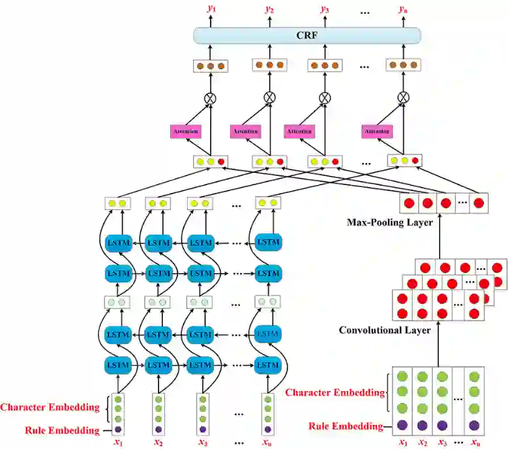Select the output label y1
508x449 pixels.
click(x=210, y=9)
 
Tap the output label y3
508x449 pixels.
click(x=324, y=9)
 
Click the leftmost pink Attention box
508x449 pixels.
click(x=186, y=131)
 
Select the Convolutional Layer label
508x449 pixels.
click(x=384, y=330)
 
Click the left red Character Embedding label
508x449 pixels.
click(x=50, y=408)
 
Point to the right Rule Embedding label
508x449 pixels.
click(x=346, y=426)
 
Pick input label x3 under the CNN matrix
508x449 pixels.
click(x=442, y=442)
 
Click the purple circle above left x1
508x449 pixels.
click(x=118, y=429)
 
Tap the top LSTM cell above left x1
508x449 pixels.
click(x=118, y=243)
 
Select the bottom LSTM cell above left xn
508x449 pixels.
click(x=267, y=363)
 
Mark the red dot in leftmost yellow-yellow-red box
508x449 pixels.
click(x=222, y=161)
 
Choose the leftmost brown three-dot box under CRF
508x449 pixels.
click(x=210, y=66)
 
